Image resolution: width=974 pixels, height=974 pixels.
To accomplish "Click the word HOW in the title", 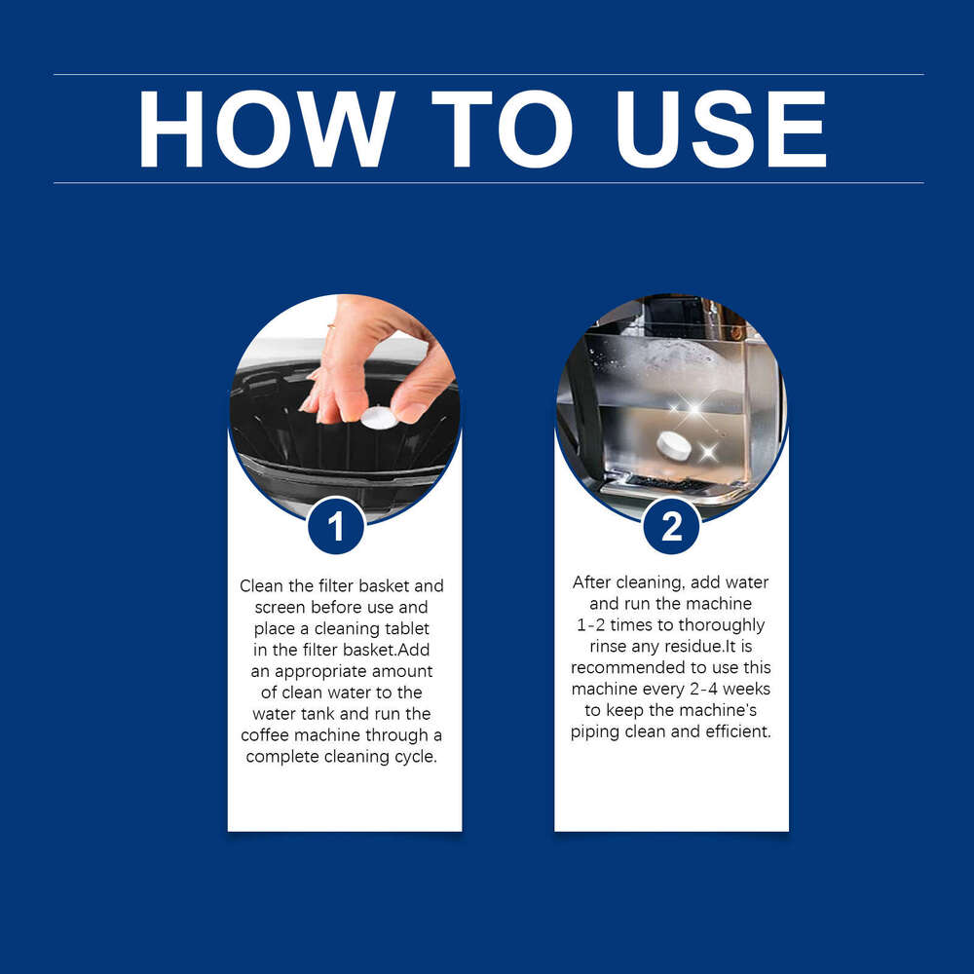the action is point(267,130).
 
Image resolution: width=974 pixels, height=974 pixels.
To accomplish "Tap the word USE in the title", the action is point(721,130).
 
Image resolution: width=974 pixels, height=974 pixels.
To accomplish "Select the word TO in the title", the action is point(502,130).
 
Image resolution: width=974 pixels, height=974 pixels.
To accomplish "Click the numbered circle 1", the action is point(335,526).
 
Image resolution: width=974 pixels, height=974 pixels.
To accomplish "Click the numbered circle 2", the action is point(671,526).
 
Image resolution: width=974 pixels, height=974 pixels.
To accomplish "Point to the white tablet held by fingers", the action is point(379,418).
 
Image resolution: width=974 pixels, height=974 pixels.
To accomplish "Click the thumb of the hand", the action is point(423,385).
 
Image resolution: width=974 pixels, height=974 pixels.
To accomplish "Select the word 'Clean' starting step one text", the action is point(262,585).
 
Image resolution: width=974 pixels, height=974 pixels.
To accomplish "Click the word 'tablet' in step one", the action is point(407,628).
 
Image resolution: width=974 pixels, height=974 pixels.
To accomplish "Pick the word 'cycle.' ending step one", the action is point(416,757).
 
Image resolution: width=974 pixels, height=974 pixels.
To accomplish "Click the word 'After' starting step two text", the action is point(592,582).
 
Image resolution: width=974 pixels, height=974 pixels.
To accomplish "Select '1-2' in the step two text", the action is point(590,624).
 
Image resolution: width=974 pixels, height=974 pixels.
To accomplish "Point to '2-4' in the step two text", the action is point(704,689).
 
